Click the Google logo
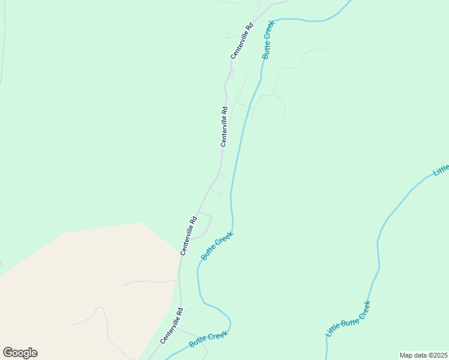(x=20, y=353)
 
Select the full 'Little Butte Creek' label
(x=348, y=319)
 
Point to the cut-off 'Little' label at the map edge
(x=441, y=170)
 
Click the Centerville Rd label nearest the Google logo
(x=171, y=326)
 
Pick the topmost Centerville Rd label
(x=243, y=41)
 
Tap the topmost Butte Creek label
(x=268, y=40)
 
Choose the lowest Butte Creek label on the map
(x=208, y=340)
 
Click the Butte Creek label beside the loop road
(x=216, y=247)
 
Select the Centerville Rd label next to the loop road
(x=189, y=236)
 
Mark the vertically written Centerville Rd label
(x=224, y=127)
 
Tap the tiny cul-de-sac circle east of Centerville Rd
(x=220, y=194)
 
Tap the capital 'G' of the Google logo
(x=8, y=353)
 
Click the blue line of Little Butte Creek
(x=378, y=252)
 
